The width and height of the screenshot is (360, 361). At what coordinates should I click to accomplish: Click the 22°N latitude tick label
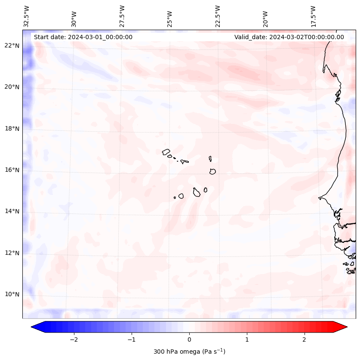point(12,46)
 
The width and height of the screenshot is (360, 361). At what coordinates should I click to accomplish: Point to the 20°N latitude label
point(12,87)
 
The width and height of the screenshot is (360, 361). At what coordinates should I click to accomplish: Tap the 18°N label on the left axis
point(12,129)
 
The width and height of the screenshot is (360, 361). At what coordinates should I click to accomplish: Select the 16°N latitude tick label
point(12,170)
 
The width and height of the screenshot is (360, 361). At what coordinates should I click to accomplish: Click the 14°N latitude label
point(12,211)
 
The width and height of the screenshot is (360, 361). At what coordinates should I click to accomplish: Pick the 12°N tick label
point(12,253)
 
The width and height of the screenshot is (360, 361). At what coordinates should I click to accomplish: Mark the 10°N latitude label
point(12,294)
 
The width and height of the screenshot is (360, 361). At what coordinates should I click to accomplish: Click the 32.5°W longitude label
point(27,16)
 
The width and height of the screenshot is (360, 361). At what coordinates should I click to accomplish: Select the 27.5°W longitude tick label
point(122,16)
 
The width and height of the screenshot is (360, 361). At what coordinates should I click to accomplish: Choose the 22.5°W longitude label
point(218,16)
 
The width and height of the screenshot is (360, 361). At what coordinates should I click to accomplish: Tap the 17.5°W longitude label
point(313,16)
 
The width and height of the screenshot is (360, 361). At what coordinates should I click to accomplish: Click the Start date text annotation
point(83,37)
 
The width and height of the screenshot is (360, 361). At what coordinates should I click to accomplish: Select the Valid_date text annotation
point(289,37)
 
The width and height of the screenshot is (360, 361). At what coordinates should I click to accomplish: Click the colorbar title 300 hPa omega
point(189,352)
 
